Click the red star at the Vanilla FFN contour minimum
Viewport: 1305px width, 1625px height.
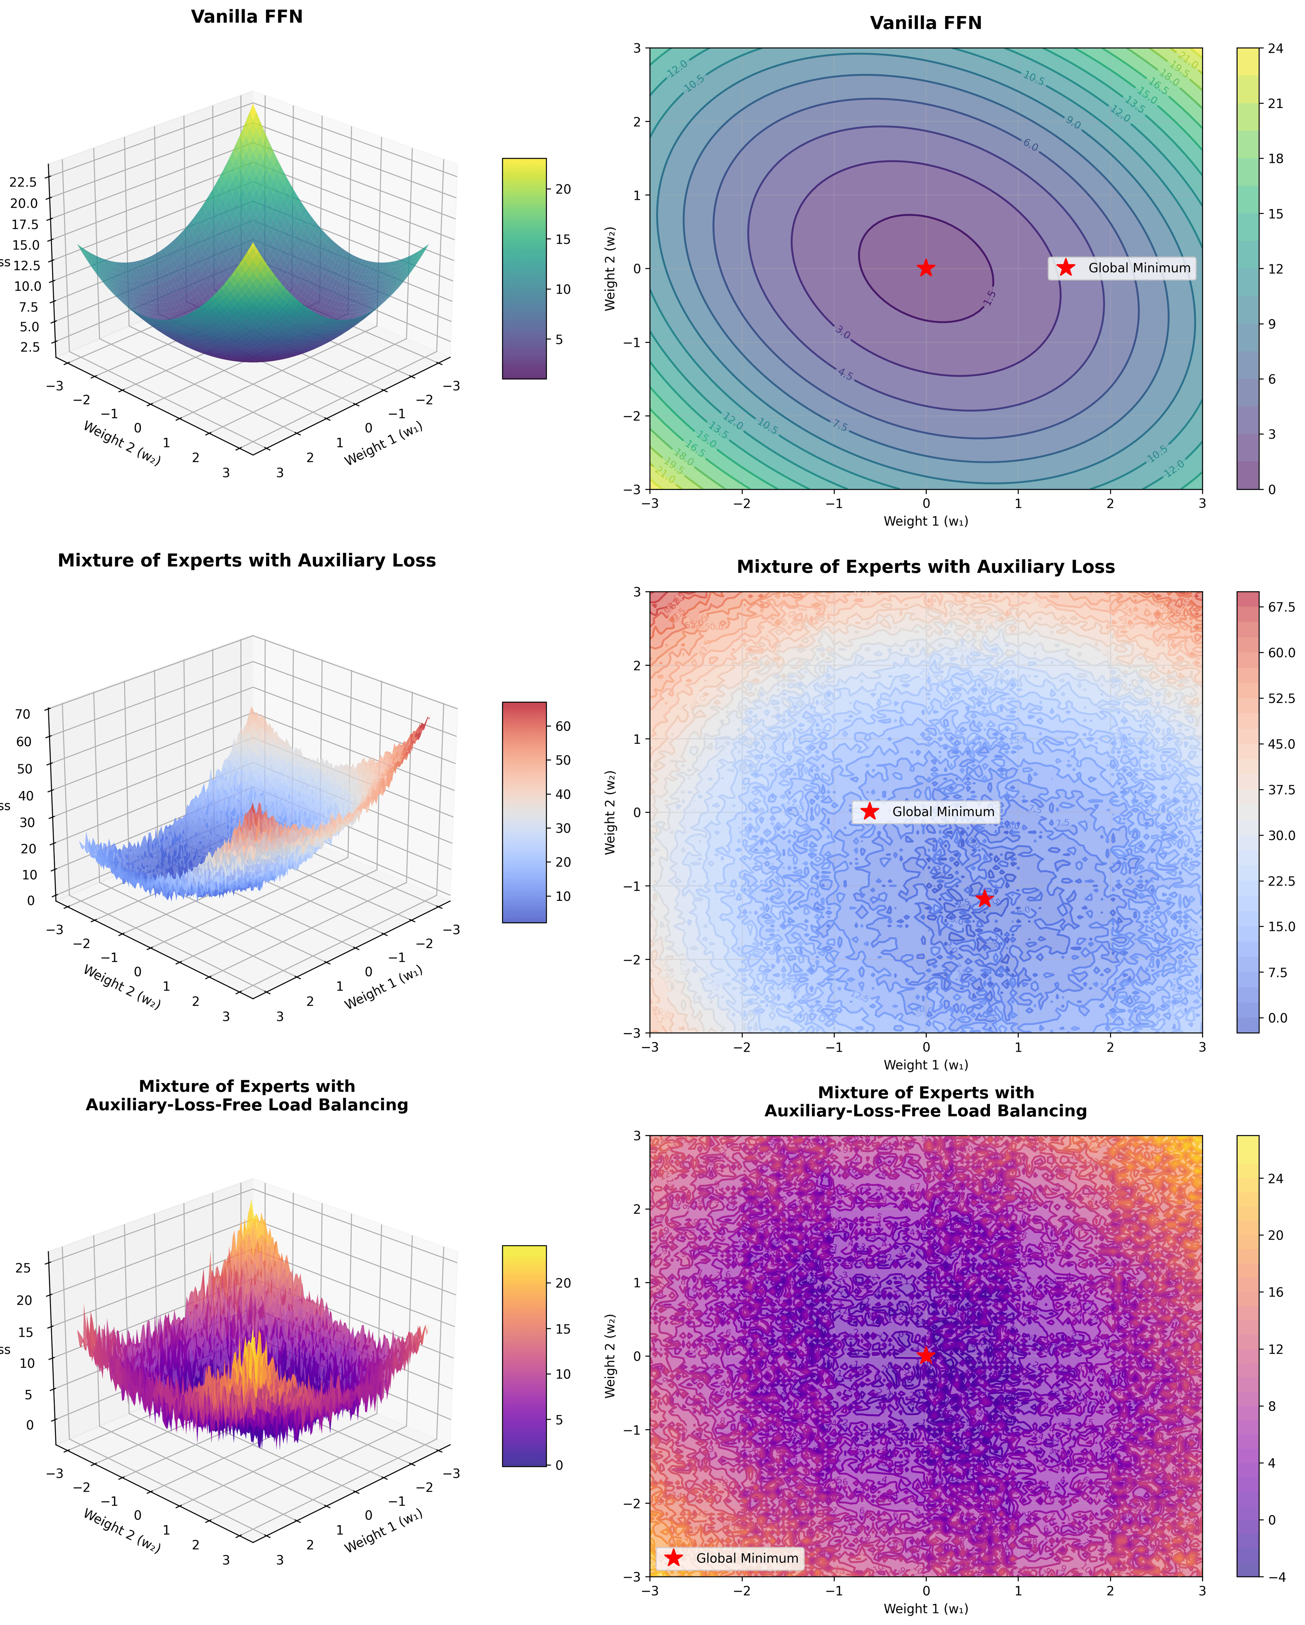click(926, 268)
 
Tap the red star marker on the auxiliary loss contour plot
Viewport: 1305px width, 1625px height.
click(984, 898)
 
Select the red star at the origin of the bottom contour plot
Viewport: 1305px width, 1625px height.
click(926, 1355)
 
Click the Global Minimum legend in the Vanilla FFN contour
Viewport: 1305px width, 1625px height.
click(1122, 268)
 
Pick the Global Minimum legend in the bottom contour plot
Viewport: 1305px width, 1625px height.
click(730, 1558)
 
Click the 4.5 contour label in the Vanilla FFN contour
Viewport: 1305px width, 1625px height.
click(845, 374)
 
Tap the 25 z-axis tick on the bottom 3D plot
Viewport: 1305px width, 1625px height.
click(23, 1268)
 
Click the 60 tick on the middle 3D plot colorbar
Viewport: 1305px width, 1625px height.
click(562, 727)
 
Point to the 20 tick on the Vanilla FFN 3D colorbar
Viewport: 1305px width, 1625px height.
click(562, 189)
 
